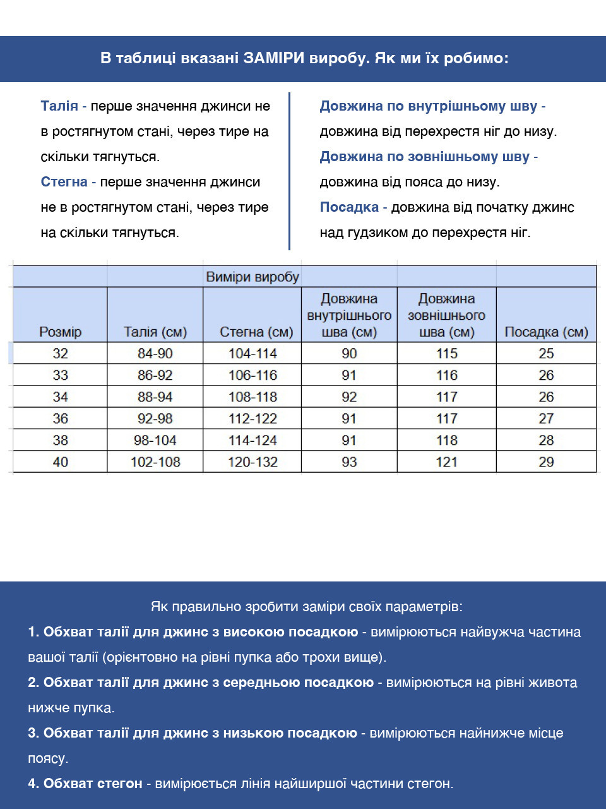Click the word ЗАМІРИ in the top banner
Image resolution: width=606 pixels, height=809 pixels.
click(274, 59)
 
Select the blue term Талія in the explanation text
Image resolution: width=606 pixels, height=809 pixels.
click(59, 106)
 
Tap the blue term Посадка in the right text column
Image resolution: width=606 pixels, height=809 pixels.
click(349, 207)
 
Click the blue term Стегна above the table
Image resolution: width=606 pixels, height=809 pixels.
click(64, 182)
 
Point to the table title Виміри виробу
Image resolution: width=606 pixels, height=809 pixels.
click(252, 277)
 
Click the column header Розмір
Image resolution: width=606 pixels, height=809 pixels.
click(61, 332)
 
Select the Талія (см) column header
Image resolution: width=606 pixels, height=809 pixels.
click(155, 332)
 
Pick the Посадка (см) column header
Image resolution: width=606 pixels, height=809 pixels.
click(546, 332)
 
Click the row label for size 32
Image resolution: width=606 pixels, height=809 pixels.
click(61, 354)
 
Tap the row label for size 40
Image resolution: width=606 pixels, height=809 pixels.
click(61, 462)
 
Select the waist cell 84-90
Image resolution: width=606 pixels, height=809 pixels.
click(155, 354)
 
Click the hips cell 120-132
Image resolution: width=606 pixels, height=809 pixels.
click(252, 462)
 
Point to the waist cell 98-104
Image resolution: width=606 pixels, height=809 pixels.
click(155, 441)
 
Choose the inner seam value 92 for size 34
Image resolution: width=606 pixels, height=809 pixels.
click(349, 398)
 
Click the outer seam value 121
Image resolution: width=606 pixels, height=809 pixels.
click(446, 462)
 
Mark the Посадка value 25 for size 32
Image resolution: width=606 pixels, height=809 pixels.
click(546, 354)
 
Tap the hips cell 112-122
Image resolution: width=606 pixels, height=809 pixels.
click(252, 419)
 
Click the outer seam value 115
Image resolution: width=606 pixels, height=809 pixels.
click(446, 354)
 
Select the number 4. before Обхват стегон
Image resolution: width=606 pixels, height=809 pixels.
click(33, 784)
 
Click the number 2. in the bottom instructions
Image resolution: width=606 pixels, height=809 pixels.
click(33, 683)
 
